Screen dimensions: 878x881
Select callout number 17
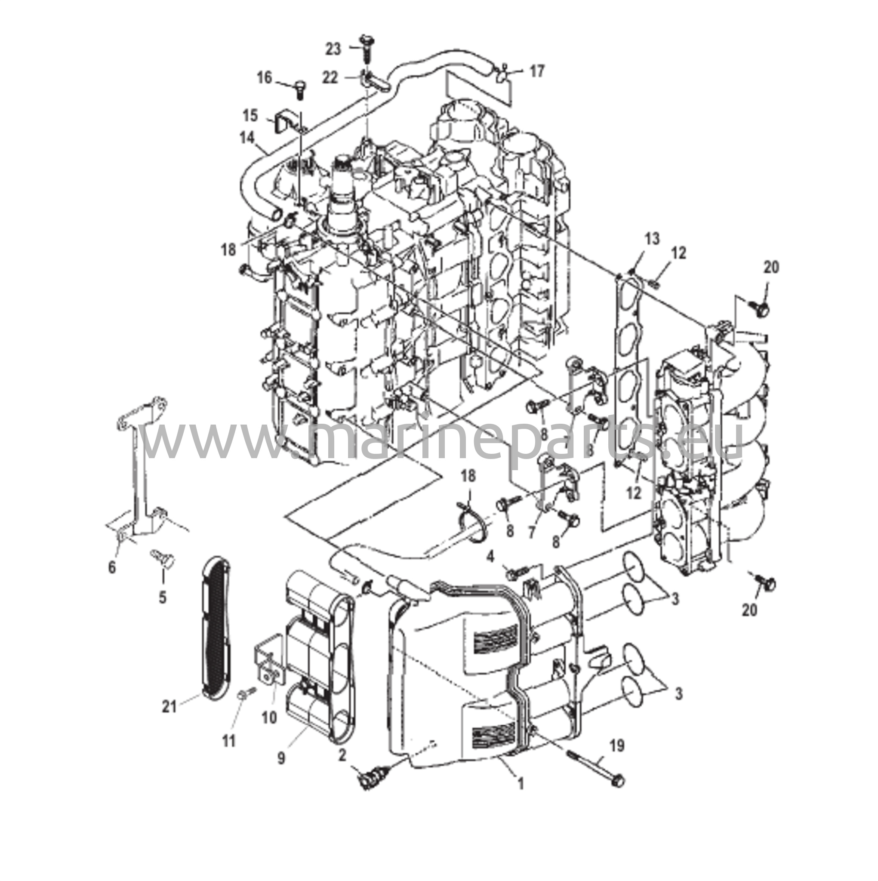pos(537,71)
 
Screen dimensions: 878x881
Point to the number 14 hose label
pos(247,137)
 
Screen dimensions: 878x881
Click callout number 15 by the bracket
pos(250,115)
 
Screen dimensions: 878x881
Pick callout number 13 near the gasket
pos(652,238)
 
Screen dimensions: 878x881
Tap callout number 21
pos(169,720)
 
